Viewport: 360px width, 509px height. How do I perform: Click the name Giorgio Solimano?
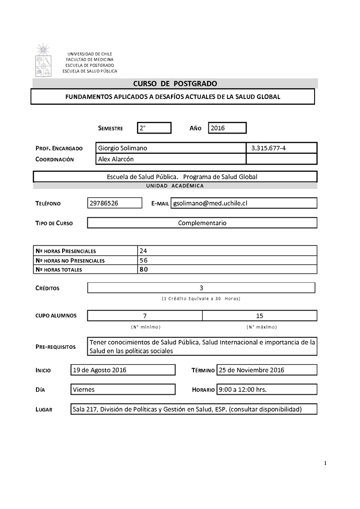tap(122, 148)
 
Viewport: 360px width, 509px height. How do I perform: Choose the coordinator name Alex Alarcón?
tap(116, 159)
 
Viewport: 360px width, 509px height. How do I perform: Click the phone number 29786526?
tap(104, 203)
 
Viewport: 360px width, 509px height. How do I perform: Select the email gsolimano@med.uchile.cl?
tap(210, 203)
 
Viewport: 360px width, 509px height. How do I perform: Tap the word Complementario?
tap(202, 223)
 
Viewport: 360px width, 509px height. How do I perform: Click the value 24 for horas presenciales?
tap(144, 251)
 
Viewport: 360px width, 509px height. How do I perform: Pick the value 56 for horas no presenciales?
tap(144, 260)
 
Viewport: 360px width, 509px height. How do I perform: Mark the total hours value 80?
tap(144, 269)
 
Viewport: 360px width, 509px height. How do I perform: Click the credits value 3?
tap(201, 288)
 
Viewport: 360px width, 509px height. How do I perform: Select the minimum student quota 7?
tap(145, 316)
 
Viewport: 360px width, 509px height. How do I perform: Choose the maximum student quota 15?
tap(260, 316)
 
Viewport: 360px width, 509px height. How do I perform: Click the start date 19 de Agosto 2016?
tap(99, 370)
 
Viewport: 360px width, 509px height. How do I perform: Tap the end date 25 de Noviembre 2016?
tap(251, 370)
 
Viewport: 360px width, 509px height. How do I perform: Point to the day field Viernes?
tap(84, 389)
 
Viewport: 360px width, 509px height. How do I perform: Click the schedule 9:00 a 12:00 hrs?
tap(243, 389)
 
